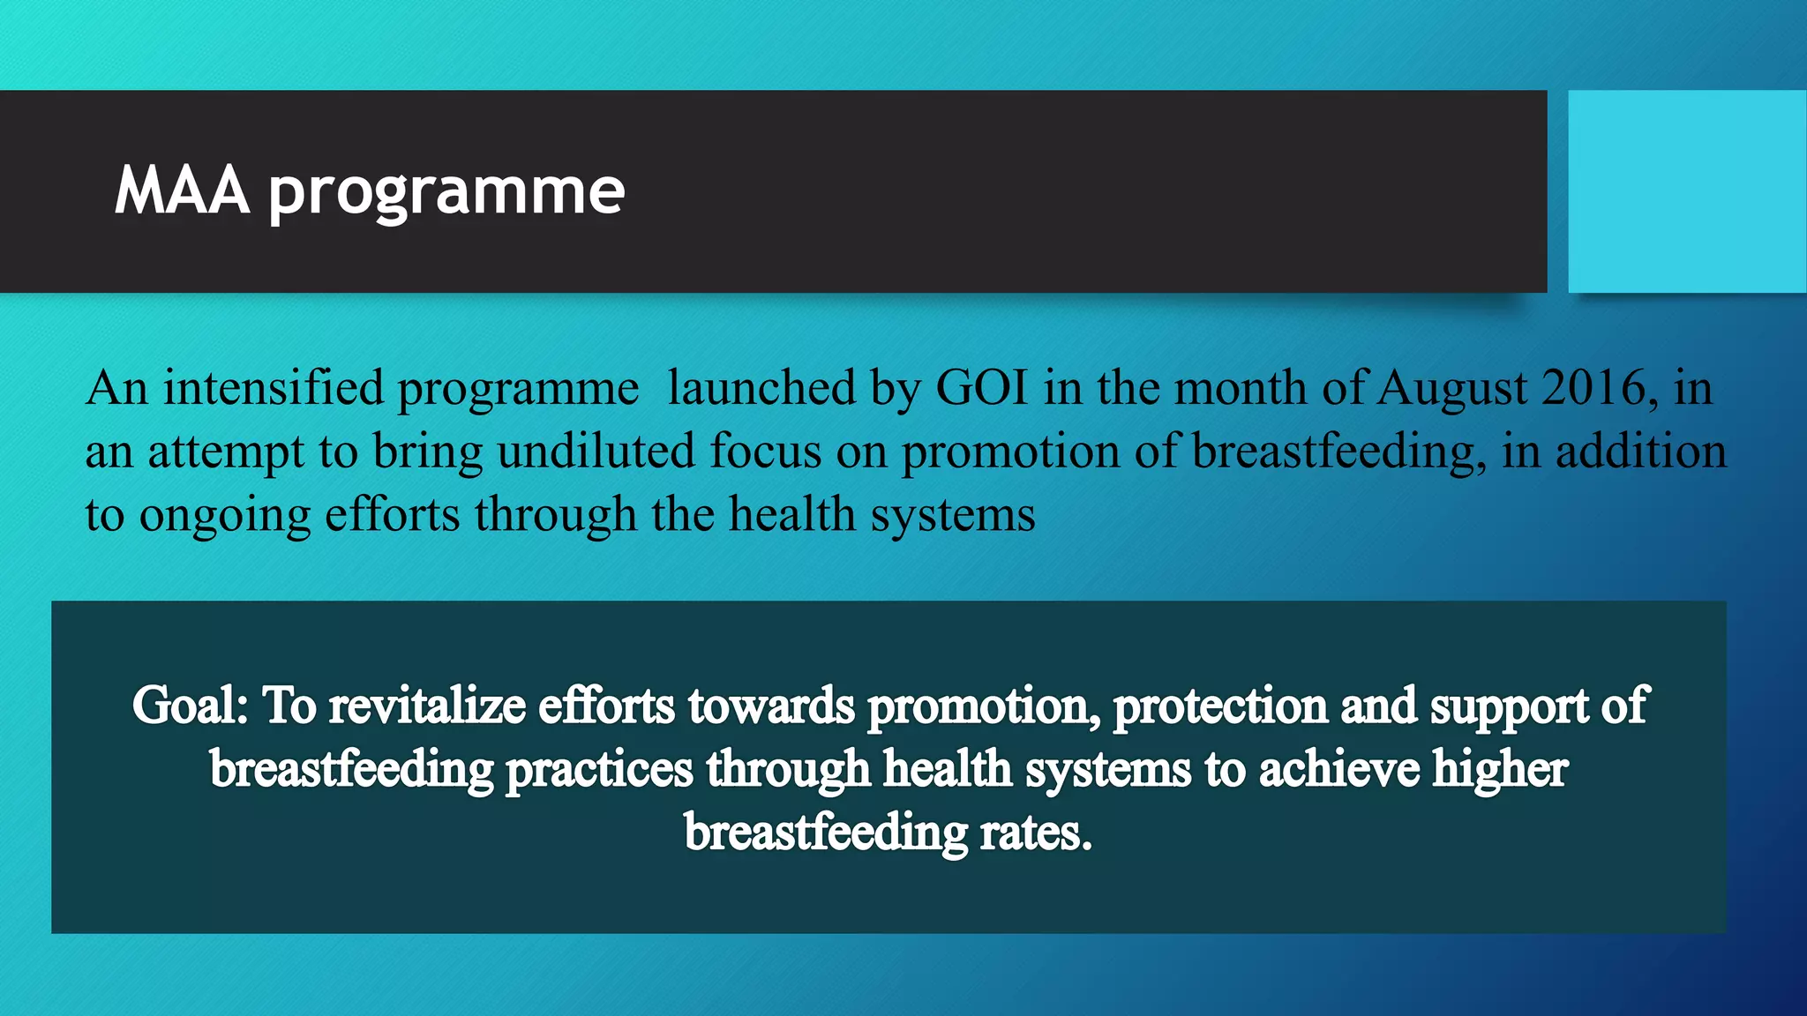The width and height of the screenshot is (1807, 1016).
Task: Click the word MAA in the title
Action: pos(182,190)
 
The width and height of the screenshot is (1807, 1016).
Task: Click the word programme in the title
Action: pos(446,192)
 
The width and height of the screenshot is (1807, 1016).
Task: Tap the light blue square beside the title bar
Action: pos(1686,191)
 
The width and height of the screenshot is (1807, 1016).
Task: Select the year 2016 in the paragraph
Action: pos(1593,388)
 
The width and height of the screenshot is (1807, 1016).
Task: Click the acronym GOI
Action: pos(981,388)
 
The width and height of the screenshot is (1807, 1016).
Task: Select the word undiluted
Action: pos(596,452)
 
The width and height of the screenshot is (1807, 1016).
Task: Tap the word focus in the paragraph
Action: pos(765,452)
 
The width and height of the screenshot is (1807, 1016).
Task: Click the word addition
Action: pos(1640,452)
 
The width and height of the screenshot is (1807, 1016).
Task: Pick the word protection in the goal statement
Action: pos(1220,706)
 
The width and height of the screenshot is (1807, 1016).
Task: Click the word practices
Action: pos(599,770)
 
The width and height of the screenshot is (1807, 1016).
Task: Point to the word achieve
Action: pos(1338,769)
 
